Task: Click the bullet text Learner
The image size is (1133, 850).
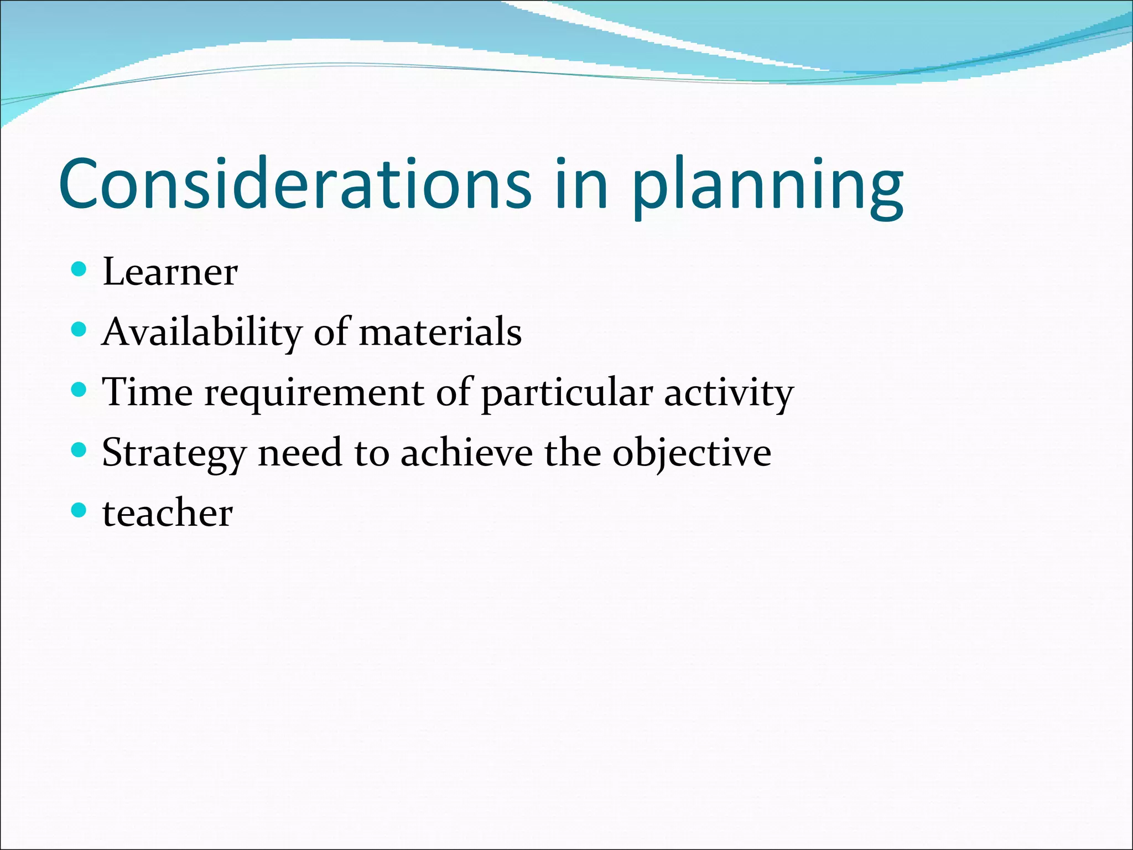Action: (170, 272)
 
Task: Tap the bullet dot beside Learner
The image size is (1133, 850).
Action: (80, 269)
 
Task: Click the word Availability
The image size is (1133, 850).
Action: (202, 333)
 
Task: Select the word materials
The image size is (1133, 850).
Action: (440, 333)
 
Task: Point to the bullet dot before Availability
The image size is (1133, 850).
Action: (80, 330)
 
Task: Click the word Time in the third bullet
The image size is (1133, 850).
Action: (148, 392)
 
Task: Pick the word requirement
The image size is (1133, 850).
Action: (315, 393)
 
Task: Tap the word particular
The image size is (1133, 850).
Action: (567, 393)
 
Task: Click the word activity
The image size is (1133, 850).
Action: (729, 393)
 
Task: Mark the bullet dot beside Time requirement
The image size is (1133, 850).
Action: (80, 390)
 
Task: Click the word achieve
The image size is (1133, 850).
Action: (466, 453)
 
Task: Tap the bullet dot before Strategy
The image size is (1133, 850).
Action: (80, 450)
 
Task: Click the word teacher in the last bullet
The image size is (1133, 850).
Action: (168, 513)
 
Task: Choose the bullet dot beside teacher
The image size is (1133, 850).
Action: (80, 510)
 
